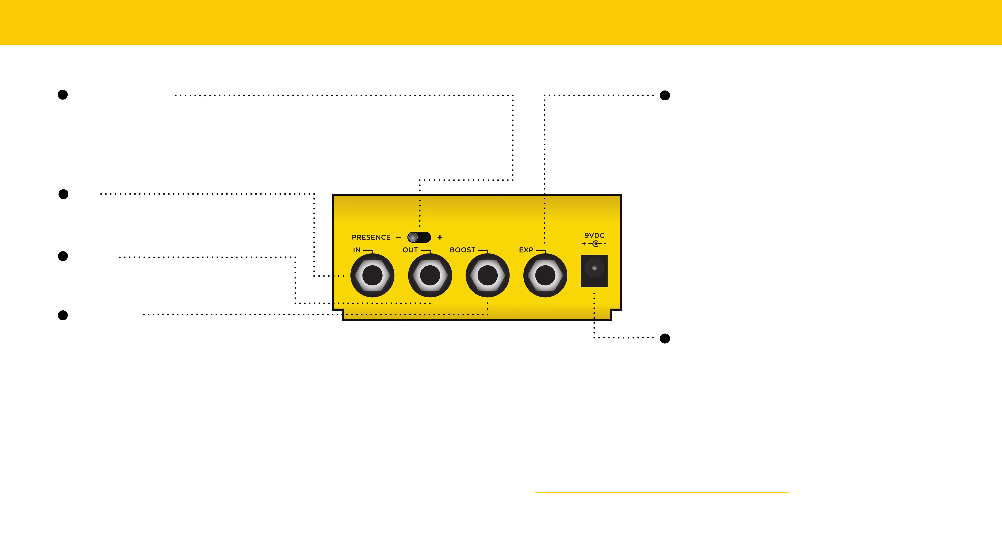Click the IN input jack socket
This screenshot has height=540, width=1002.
pos(372,275)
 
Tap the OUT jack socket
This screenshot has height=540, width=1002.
pos(430,275)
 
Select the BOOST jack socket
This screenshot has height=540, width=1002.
pos(487,275)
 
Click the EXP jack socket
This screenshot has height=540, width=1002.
pos(545,275)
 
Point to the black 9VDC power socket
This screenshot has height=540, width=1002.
pos(594,271)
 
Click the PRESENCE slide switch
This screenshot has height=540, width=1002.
pos(419,237)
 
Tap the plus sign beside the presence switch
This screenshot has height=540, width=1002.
pos(440,237)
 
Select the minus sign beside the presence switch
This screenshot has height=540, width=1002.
pos(398,237)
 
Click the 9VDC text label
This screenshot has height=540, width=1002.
pos(594,235)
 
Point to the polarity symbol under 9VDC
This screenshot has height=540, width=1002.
pos(594,244)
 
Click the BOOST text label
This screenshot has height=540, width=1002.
pos(462,250)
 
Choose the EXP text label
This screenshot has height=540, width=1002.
pos(526,250)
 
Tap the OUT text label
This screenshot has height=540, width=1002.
pos(410,250)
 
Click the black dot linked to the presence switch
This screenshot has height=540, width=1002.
pos(63,95)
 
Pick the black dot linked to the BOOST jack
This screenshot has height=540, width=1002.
pos(63,315)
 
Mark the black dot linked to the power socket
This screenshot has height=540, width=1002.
pos(665,338)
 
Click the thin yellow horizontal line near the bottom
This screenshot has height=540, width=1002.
pos(661,492)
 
